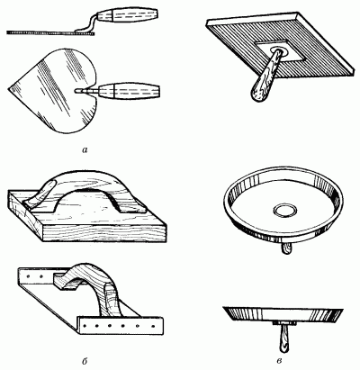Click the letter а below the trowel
point(85,149)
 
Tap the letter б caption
point(85,359)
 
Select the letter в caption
point(279,360)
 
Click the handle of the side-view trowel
point(128,16)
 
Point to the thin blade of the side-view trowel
point(51,32)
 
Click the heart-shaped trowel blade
point(52,90)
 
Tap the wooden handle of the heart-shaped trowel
point(129,91)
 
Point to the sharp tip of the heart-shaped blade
point(8,87)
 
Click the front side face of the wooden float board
point(103,232)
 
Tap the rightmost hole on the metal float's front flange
point(153,326)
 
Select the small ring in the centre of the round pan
point(284,210)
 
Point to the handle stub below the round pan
point(286,249)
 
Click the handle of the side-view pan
point(283,339)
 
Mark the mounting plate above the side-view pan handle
point(283,323)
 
